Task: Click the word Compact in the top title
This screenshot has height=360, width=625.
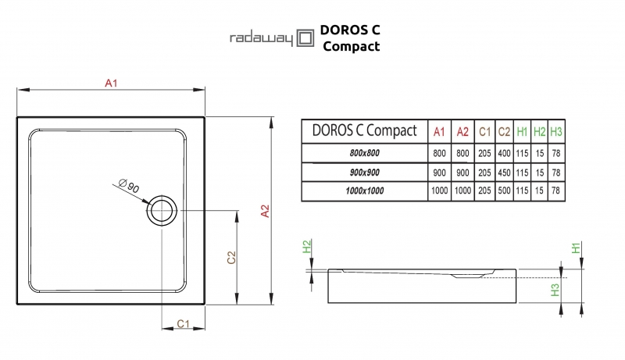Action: [x=351, y=46]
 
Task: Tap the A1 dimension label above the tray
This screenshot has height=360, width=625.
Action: [x=111, y=83]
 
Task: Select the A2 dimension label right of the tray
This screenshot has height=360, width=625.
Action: [x=265, y=210]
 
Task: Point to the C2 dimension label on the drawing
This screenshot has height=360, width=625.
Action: [x=231, y=258]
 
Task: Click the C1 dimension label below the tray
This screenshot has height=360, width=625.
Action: [x=181, y=323]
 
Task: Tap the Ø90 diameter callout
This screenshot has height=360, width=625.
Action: [x=129, y=186]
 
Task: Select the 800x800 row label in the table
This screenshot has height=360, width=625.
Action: [x=364, y=153]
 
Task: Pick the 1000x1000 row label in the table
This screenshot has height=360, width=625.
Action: [x=364, y=191]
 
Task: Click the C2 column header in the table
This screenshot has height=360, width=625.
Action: [x=505, y=131]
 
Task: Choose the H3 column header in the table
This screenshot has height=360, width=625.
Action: [x=556, y=131]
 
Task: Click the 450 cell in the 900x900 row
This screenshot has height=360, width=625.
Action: [x=505, y=172]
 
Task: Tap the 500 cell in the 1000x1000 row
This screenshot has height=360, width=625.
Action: [x=505, y=191]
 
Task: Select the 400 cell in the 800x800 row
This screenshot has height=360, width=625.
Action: [x=505, y=153]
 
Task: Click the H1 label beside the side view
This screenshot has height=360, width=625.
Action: [x=575, y=248]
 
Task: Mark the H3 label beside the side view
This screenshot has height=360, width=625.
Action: [x=554, y=290]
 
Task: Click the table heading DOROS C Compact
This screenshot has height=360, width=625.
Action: [x=364, y=130]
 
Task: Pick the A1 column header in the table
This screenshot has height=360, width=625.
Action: [x=439, y=131]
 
